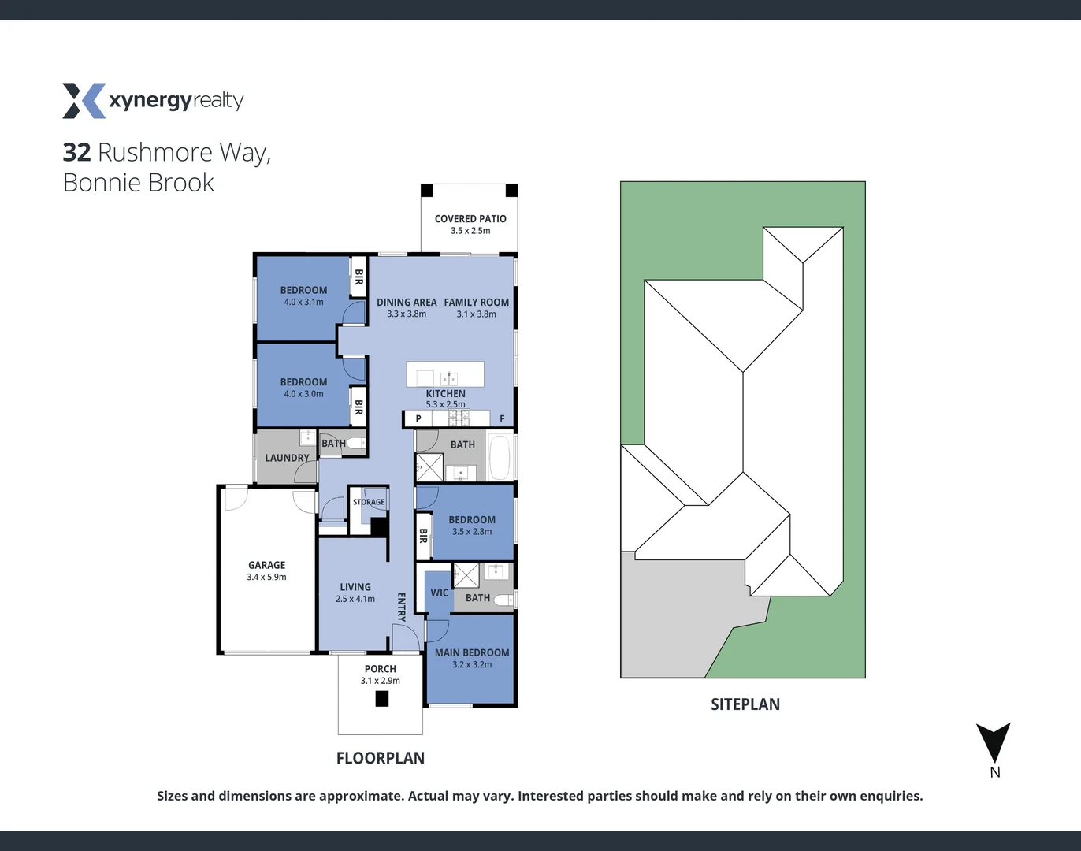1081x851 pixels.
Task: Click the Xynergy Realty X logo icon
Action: pos(84,101)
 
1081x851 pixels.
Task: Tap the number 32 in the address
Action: pos(76,152)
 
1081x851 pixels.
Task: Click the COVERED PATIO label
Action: pos(470,219)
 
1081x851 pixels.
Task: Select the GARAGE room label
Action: pos(266,565)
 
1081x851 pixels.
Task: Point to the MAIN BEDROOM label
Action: pos(472,652)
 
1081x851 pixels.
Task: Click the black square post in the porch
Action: pos(382,698)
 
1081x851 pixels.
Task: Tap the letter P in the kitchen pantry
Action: pos(418,419)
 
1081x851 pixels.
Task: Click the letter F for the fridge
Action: pos(502,419)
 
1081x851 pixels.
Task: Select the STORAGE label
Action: pos(369,502)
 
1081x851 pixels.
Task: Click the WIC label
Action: pos(440,593)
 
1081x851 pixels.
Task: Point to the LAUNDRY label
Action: pos(287,458)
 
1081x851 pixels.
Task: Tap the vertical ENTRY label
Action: pos(401,608)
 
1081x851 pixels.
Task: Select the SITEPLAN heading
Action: pos(745,704)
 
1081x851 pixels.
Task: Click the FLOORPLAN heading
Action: pos(381,758)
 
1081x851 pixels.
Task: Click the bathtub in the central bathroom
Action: pos(500,457)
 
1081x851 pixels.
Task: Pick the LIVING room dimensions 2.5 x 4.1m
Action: pos(355,599)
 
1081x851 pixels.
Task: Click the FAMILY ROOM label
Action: pos(477,302)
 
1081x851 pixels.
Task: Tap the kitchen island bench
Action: pos(445,374)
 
